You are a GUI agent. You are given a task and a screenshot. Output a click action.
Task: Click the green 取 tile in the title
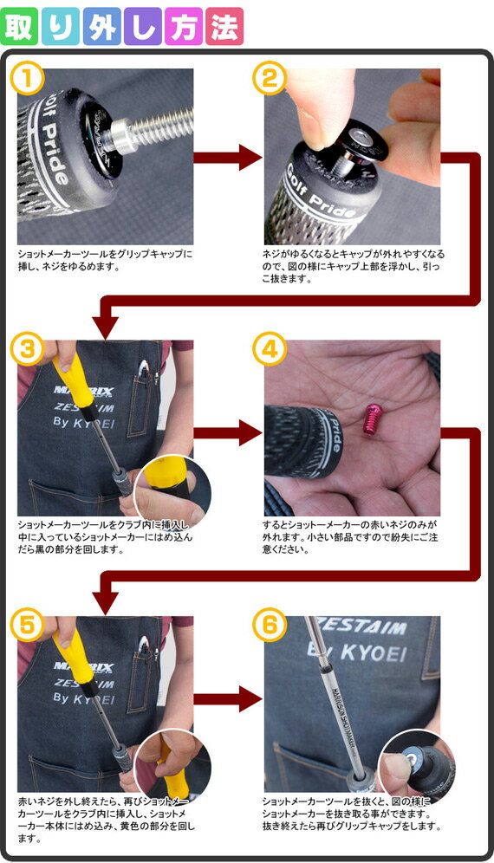tap(19, 26)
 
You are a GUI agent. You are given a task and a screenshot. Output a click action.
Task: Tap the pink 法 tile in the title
tap(224, 26)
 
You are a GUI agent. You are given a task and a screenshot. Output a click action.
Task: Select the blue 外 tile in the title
tap(102, 26)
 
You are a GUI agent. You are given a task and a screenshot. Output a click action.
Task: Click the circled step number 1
tap(28, 79)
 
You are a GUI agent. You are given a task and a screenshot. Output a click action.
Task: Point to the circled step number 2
tap(270, 79)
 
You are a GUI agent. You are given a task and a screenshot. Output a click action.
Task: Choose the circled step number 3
tap(28, 349)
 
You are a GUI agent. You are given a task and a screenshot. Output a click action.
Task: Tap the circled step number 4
tap(270, 349)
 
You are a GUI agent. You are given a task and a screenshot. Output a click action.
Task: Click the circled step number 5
tap(28, 626)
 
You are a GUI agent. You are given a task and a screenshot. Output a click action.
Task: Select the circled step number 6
tap(270, 626)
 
